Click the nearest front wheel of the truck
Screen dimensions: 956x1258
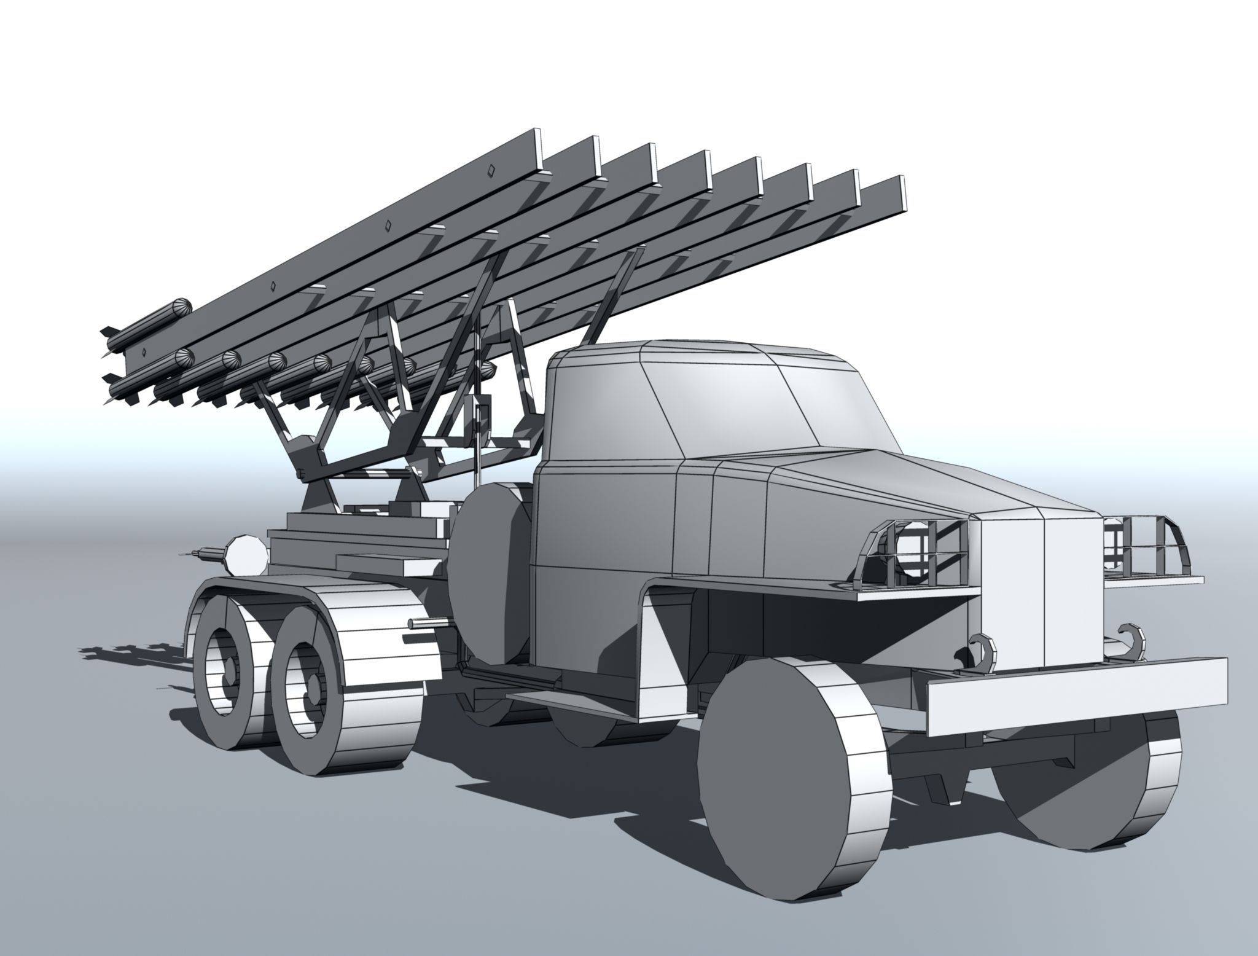coord(792,793)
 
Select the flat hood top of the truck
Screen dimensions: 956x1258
coord(860,485)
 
